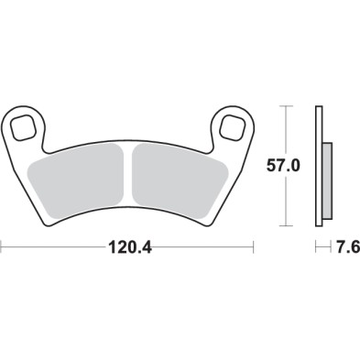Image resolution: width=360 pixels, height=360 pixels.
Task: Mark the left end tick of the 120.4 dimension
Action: tap(2, 247)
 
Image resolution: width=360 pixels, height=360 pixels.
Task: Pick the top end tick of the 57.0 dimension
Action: tap(288, 106)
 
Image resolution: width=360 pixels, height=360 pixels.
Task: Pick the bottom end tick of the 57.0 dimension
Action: tap(288, 225)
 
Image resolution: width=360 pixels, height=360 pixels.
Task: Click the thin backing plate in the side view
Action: tap(318, 165)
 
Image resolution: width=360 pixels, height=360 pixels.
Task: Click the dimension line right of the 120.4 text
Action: tap(202, 247)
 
